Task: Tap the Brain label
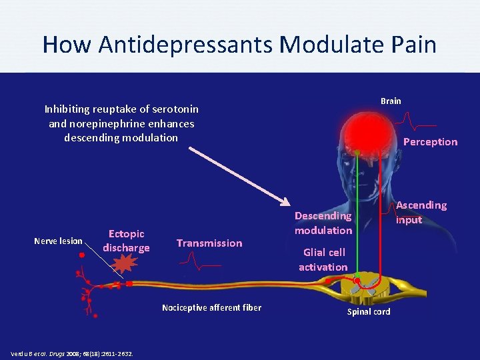(x=391, y=101)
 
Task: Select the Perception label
(x=430, y=141)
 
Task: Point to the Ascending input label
(x=421, y=212)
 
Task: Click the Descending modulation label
(x=323, y=223)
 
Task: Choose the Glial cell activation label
(x=323, y=259)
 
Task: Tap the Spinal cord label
(x=369, y=312)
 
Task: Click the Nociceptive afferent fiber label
(x=211, y=307)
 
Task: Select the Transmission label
(x=209, y=243)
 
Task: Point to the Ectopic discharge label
(x=126, y=241)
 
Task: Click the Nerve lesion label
(x=59, y=241)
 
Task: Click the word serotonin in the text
(x=175, y=109)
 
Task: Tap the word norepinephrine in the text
(x=109, y=123)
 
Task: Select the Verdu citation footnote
(x=72, y=353)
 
